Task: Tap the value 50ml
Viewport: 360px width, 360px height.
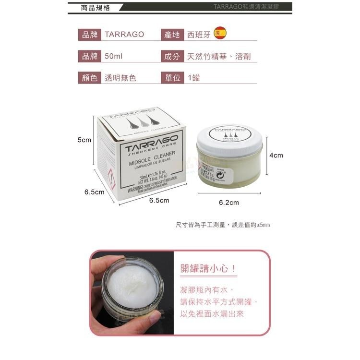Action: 114,56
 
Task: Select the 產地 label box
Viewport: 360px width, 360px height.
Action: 172,35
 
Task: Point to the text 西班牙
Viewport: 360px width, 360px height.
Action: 199,35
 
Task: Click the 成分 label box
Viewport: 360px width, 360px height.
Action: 172,56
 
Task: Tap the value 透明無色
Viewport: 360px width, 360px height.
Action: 120,77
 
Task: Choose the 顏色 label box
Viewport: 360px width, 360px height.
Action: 90,77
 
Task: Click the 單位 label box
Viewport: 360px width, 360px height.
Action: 172,77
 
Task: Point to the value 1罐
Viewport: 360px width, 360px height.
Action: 194,77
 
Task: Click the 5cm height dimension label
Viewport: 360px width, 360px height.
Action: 84,140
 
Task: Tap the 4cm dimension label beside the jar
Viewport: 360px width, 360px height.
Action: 276,155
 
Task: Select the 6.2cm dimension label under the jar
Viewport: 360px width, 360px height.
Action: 228,202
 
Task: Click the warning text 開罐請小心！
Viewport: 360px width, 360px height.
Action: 209,268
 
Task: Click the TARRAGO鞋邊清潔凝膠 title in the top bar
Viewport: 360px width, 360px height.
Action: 251,7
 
